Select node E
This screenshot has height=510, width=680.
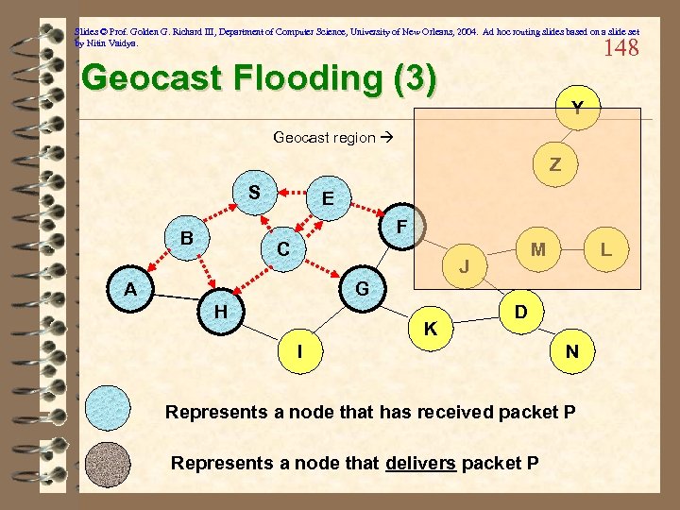pyautogui.click(x=327, y=198)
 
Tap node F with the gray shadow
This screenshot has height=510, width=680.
pyautogui.click(x=401, y=228)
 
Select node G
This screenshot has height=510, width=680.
pyautogui.click(x=362, y=286)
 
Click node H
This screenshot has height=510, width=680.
pyautogui.click(x=220, y=311)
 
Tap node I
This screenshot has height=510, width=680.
pyautogui.click(x=299, y=351)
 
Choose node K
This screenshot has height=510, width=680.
pyautogui.click(x=430, y=329)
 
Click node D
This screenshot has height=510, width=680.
pyautogui.click(x=520, y=311)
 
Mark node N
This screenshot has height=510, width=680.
pyautogui.click(x=571, y=351)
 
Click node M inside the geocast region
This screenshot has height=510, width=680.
pyautogui.click(x=538, y=249)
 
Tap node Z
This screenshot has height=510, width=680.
pyautogui.click(x=555, y=164)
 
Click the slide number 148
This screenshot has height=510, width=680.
pyautogui.click(x=620, y=47)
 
